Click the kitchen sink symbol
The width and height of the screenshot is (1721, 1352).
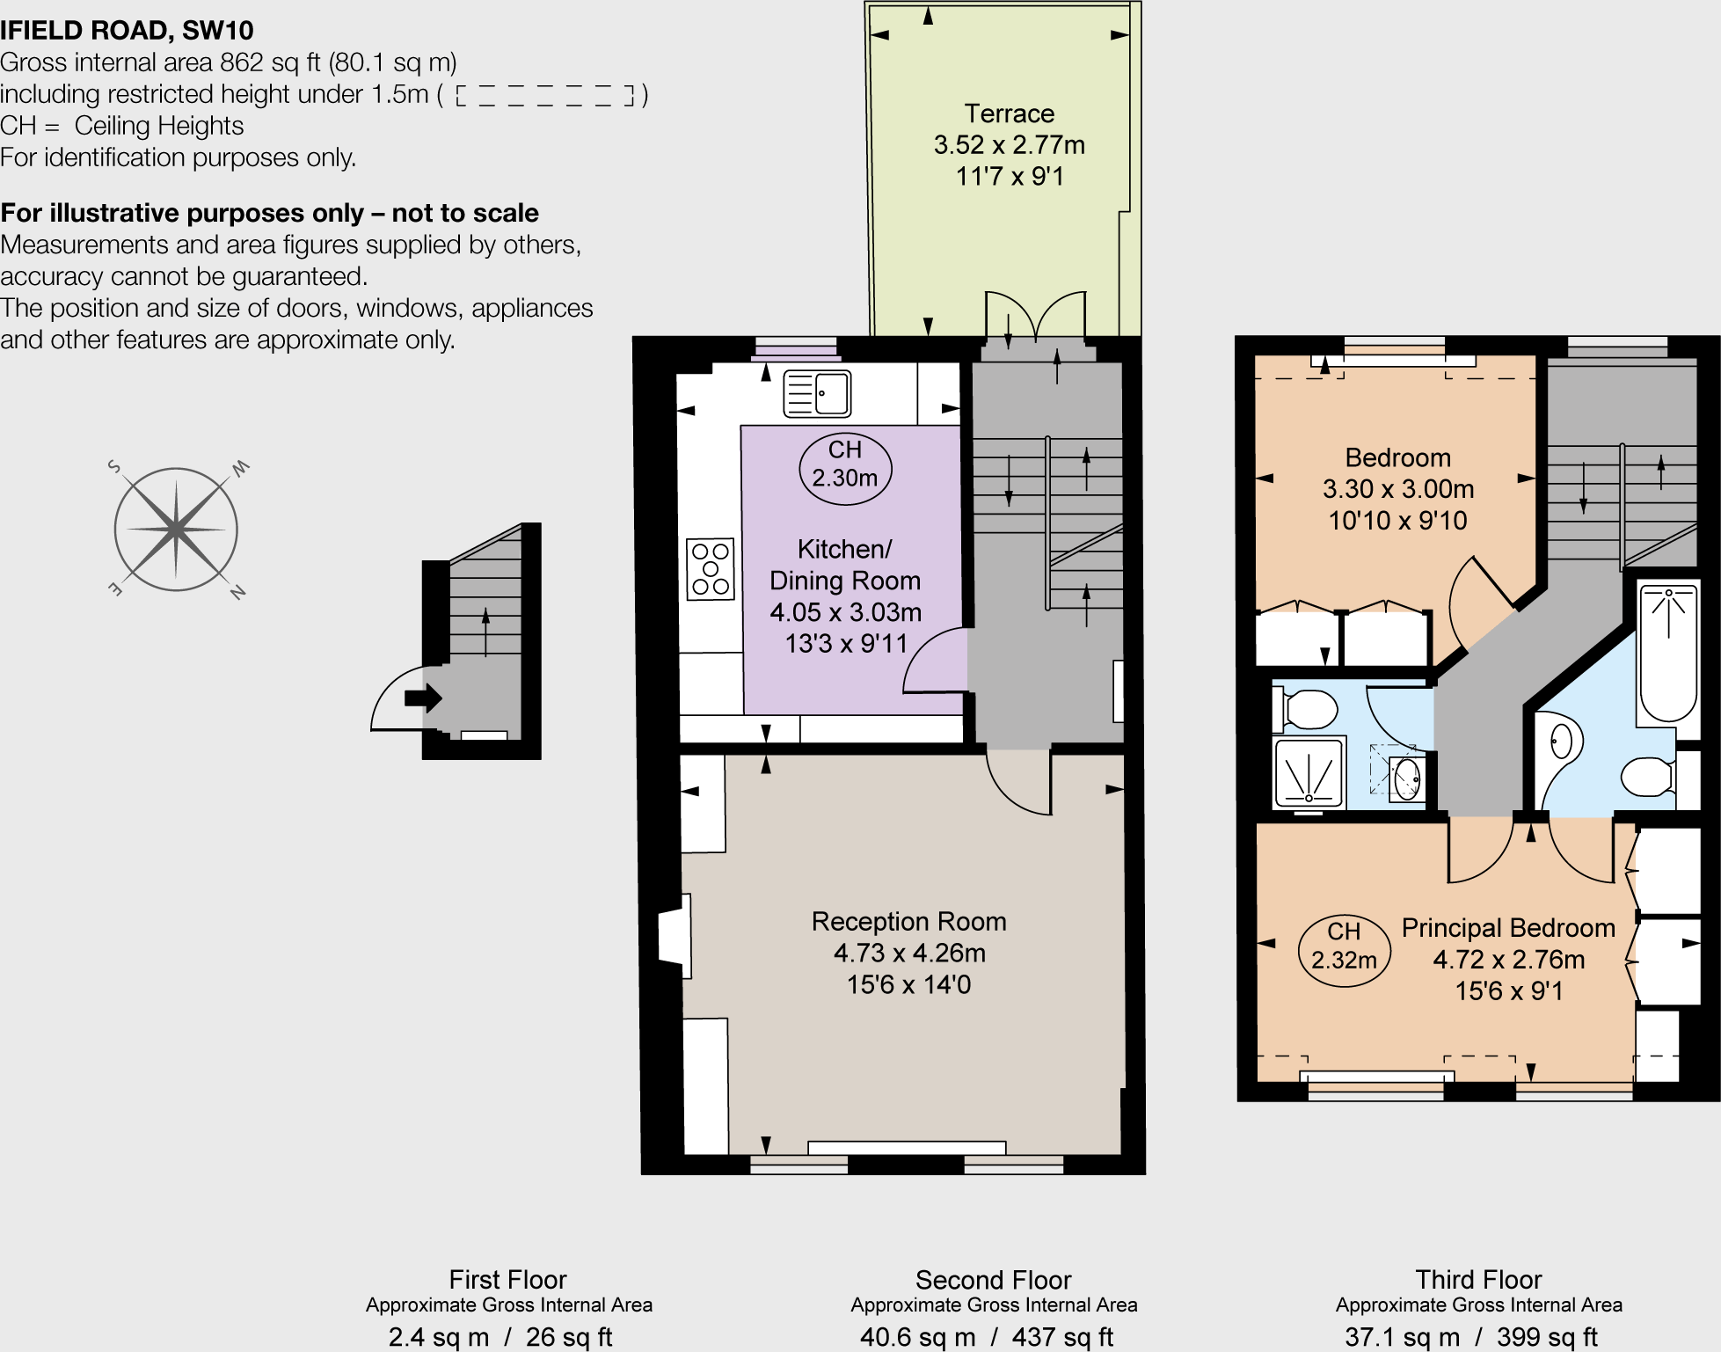click(817, 393)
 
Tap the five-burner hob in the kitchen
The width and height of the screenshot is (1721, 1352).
click(711, 569)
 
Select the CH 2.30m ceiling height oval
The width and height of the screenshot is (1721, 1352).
click(845, 469)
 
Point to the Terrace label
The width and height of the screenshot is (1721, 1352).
click(1009, 113)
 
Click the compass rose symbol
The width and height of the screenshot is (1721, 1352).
click(176, 530)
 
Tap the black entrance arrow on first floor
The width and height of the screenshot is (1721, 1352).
click(423, 698)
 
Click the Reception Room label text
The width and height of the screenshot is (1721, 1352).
click(908, 921)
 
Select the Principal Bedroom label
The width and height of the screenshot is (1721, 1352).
click(1507, 928)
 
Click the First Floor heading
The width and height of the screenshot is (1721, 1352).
click(507, 1279)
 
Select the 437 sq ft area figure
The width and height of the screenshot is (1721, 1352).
click(1062, 1337)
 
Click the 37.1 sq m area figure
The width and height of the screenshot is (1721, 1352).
click(1401, 1337)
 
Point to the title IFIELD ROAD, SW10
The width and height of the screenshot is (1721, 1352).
click(127, 30)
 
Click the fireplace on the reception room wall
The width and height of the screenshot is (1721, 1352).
click(675, 937)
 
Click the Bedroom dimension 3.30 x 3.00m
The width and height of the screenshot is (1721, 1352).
click(1397, 489)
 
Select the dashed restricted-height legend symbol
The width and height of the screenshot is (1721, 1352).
click(545, 95)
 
